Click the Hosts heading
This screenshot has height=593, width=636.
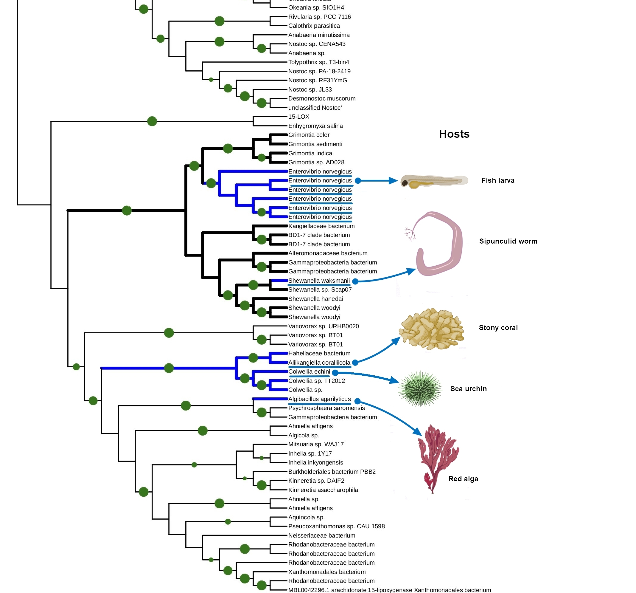(x=454, y=134)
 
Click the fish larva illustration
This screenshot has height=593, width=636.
(x=434, y=181)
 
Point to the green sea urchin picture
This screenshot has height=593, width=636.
(x=420, y=389)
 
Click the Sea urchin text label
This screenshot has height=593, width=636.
(x=468, y=389)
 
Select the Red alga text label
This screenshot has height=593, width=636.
(x=463, y=479)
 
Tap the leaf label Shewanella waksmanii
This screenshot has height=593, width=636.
(x=319, y=281)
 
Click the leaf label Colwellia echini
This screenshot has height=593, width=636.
(x=309, y=371)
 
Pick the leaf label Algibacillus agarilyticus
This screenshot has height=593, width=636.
(x=319, y=399)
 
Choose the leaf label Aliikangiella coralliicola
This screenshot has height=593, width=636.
(x=319, y=363)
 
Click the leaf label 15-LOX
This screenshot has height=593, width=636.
(x=299, y=117)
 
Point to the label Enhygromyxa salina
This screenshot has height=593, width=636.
(x=315, y=126)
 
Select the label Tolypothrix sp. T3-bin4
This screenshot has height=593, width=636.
(x=319, y=62)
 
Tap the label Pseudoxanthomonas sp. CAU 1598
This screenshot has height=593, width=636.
(x=336, y=526)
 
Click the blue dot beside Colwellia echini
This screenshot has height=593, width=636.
(x=335, y=372)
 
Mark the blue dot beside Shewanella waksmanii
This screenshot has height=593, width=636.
(x=355, y=281)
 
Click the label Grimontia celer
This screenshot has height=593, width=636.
(x=309, y=135)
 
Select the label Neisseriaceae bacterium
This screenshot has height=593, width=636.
(x=321, y=535)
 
